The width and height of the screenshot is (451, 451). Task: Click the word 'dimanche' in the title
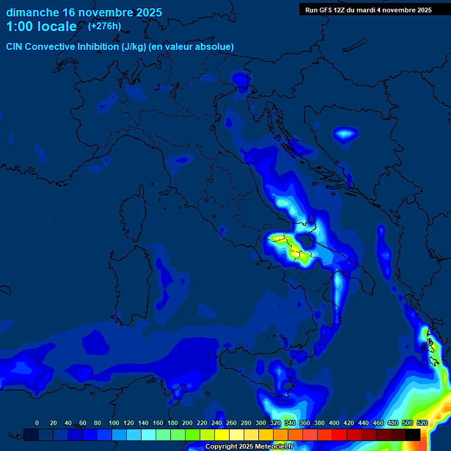click(x=32, y=12)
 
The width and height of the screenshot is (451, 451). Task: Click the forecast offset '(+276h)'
click(x=105, y=26)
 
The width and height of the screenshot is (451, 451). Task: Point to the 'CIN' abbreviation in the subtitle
click(x=15, y=47)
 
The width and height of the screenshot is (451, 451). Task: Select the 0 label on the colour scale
click(x=37, y=423)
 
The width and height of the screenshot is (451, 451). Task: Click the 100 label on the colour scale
click(x=114, y=423)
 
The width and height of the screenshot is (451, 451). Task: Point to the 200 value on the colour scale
click(x=187, y=423)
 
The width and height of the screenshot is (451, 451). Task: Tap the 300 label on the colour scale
click(x=261, y=423)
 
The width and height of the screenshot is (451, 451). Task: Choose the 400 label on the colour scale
click(x=334, y=423)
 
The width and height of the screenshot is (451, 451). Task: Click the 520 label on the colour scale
click(x=422, y=423)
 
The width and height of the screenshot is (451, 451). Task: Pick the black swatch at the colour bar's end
click(x=413, y=435)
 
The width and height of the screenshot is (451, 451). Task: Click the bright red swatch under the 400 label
click(x=339, y=435)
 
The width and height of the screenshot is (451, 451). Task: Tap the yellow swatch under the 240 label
click(x=222, y=435)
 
